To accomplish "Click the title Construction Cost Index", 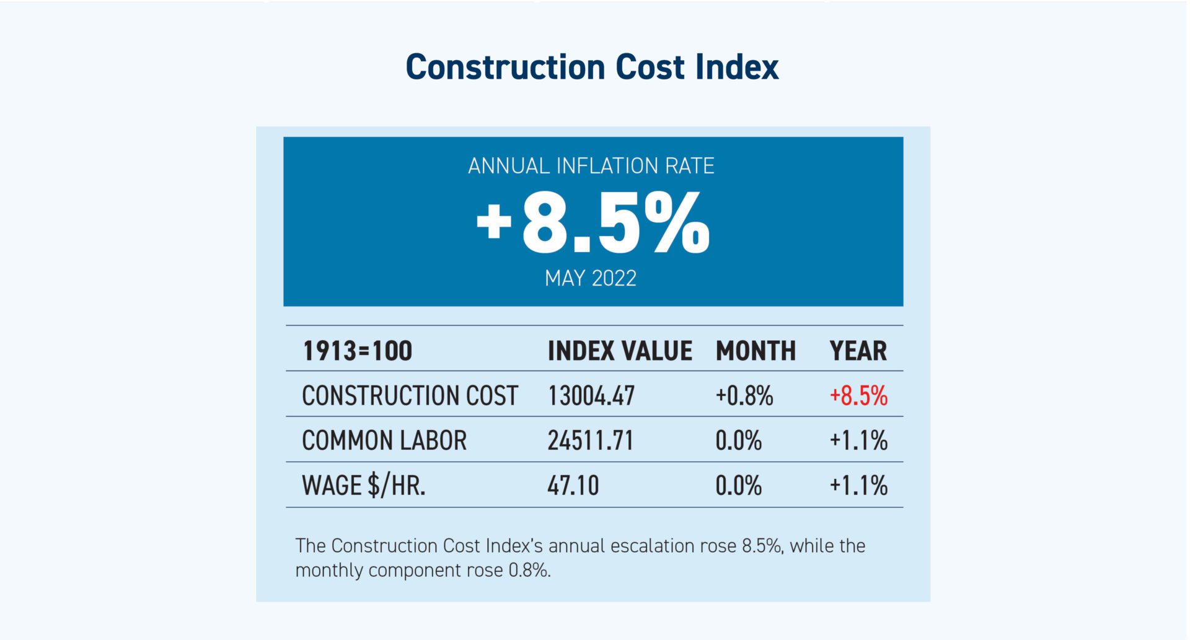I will click(592, 67).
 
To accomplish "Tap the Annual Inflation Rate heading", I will click(591, 166).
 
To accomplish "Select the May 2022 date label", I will click(590, 278).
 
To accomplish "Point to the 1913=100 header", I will click(357, 351).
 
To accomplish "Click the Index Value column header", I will click(620, 351).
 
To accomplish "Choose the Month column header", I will click(756, 351).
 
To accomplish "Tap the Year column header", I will click(858, 351).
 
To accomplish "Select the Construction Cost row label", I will click(410, 396).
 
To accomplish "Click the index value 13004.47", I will click(591, 396).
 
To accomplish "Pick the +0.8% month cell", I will click(744, 396).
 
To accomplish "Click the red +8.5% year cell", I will click(858, 396).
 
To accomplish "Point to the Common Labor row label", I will click(384, 441).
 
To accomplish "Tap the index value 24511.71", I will click(591, 441).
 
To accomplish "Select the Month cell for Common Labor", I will click(738, 441).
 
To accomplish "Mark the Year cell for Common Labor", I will click(858, 441).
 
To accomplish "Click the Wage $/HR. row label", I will click(364, 485).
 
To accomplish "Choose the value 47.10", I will click(573, 485).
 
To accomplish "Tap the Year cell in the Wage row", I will click(858, 485).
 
